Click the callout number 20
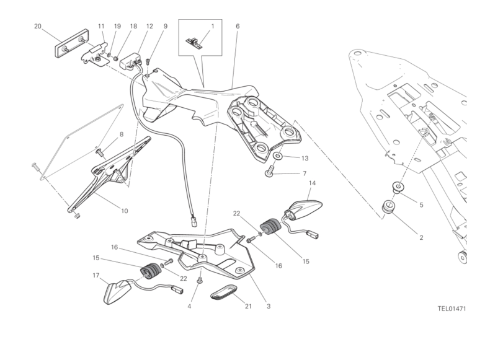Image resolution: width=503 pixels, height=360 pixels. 38,26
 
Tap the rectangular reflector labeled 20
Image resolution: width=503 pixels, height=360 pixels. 72,43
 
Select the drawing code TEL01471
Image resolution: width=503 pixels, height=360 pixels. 452,309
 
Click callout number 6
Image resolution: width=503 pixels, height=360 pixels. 238,26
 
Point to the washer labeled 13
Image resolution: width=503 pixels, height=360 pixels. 278,156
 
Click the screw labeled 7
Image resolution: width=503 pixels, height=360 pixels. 269,171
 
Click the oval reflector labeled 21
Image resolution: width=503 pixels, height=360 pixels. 224,291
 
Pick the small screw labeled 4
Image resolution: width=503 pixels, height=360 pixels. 200,281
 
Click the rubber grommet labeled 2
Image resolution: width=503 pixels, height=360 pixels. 388,206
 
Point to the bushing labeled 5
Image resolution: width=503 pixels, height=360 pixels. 398,187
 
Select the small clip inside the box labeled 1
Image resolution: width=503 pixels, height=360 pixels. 194,43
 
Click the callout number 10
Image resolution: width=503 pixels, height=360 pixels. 125,211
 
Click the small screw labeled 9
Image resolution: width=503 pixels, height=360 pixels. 148,61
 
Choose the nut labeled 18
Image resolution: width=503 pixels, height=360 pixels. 116,59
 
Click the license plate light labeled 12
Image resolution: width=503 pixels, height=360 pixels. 131,60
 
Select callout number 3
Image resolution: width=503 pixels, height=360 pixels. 269,306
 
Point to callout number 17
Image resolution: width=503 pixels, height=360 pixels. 96,275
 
